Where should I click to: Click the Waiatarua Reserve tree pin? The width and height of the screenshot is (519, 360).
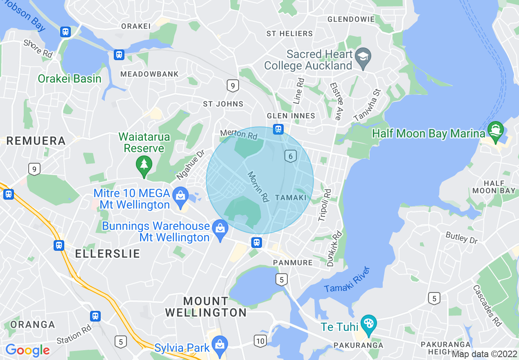[x=144, y=165]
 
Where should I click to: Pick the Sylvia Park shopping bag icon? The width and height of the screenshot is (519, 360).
[x=220, y=344]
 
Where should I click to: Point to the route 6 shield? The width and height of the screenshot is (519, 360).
[x=290, y=156]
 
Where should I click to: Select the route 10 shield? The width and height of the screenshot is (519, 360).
[x=260, y=340]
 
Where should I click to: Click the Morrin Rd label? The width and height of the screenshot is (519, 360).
[x=258, y=187]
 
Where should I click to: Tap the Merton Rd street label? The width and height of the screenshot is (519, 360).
[x=239, y=134]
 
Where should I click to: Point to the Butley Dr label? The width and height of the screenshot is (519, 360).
[x=462, y=238]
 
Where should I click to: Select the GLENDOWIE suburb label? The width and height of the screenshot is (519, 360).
[x=351, y=19]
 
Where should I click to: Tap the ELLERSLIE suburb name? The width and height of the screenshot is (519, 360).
[x=108, y=253]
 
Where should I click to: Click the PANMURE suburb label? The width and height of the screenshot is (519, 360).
[x=293, y=263]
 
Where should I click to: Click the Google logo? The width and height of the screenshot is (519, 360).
[x=27, y=350]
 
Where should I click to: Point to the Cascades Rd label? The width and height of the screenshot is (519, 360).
[x=487, y=305]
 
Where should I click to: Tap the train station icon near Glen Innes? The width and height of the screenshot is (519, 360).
[x=278, y=129]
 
